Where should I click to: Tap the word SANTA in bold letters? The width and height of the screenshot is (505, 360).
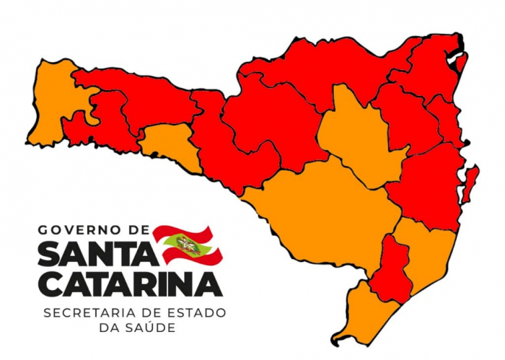[x=95, y=254]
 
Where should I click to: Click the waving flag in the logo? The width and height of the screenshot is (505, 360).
[x=187, y=245]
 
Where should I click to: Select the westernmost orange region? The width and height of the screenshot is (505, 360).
[x=54, y=101]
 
